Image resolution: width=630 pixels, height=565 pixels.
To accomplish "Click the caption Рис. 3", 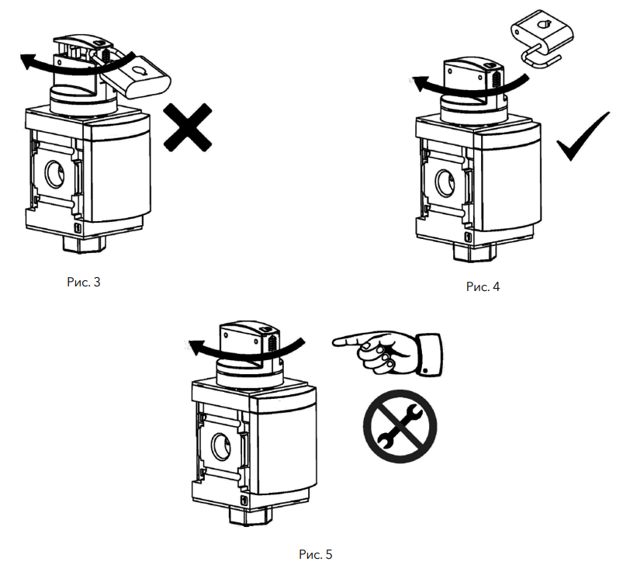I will (84, 282).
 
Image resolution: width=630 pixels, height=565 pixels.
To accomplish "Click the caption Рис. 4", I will (483, 286).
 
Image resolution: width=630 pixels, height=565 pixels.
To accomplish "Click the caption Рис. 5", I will (315, 554).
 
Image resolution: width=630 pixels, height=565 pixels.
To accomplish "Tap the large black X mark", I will (187, 129).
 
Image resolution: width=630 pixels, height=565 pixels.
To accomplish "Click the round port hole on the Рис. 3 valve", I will (57, 173).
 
